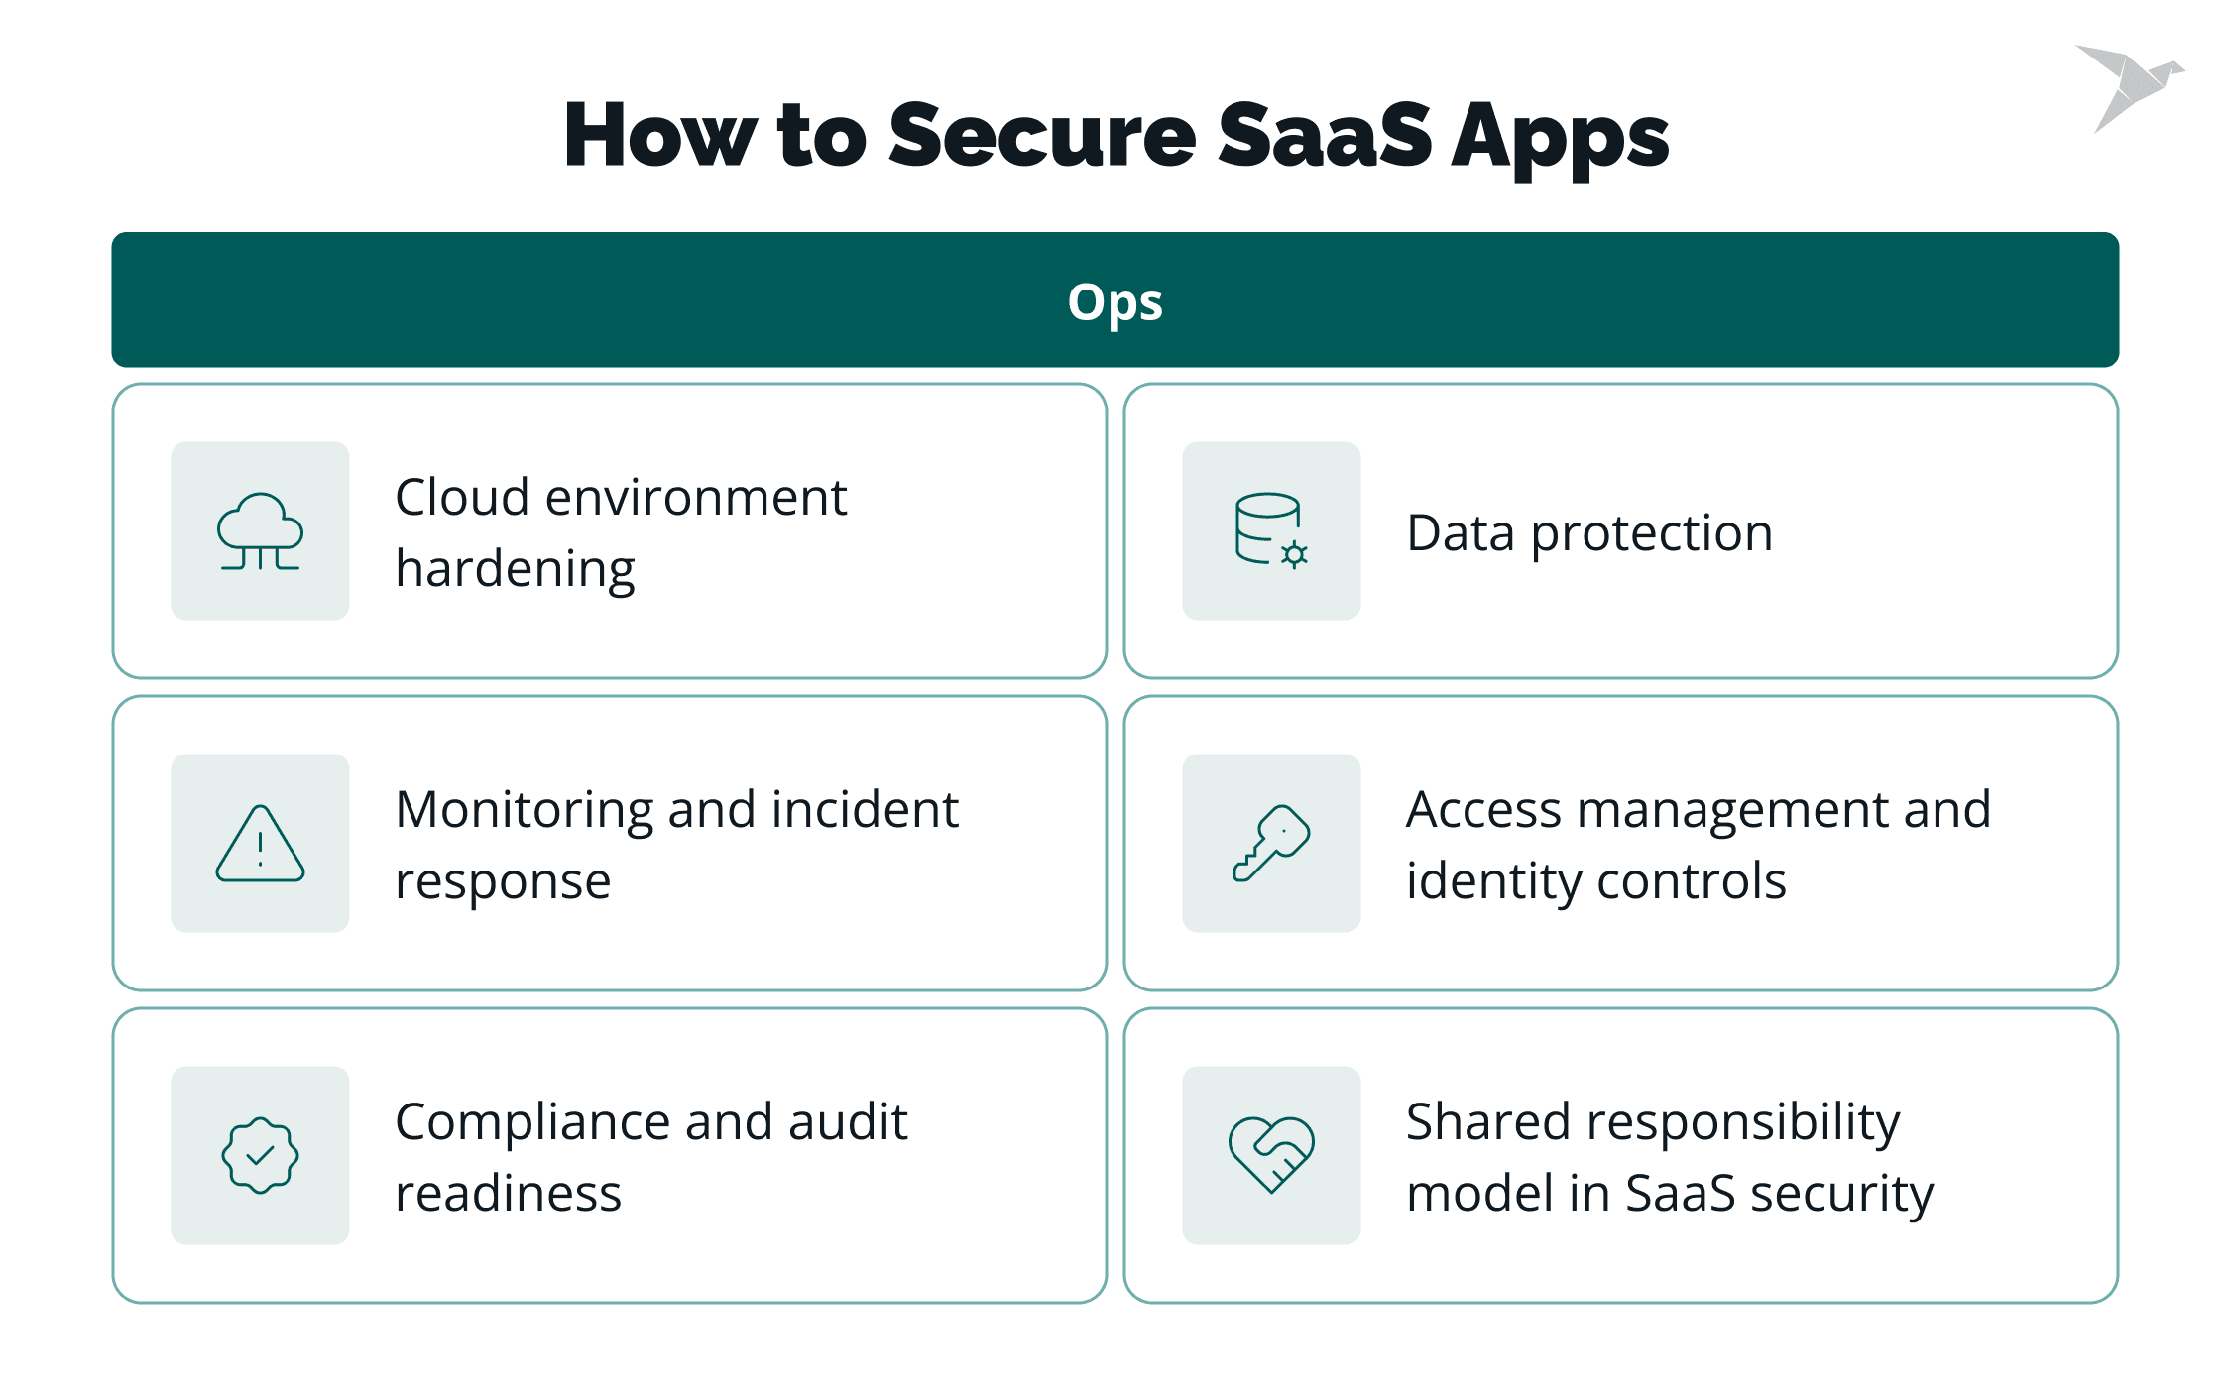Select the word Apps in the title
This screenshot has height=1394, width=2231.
click(1560, 141)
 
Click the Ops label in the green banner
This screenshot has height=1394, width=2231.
click(1115, 303)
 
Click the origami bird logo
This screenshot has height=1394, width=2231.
click(2129, 86)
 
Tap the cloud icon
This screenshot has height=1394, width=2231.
click(260, 531)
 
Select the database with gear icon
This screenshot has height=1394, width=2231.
click(1271, 530)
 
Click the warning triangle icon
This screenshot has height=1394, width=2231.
click(260, 843)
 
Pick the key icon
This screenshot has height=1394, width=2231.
click(1271, 843)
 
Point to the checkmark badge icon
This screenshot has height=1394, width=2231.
click(260, 1155)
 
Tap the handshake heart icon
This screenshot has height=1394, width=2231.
click(1271, 1155)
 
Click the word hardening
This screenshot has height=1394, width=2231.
click(515, 570)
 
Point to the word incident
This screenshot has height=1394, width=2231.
click(865, 809)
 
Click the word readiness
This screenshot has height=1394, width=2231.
click(508, 1193)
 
